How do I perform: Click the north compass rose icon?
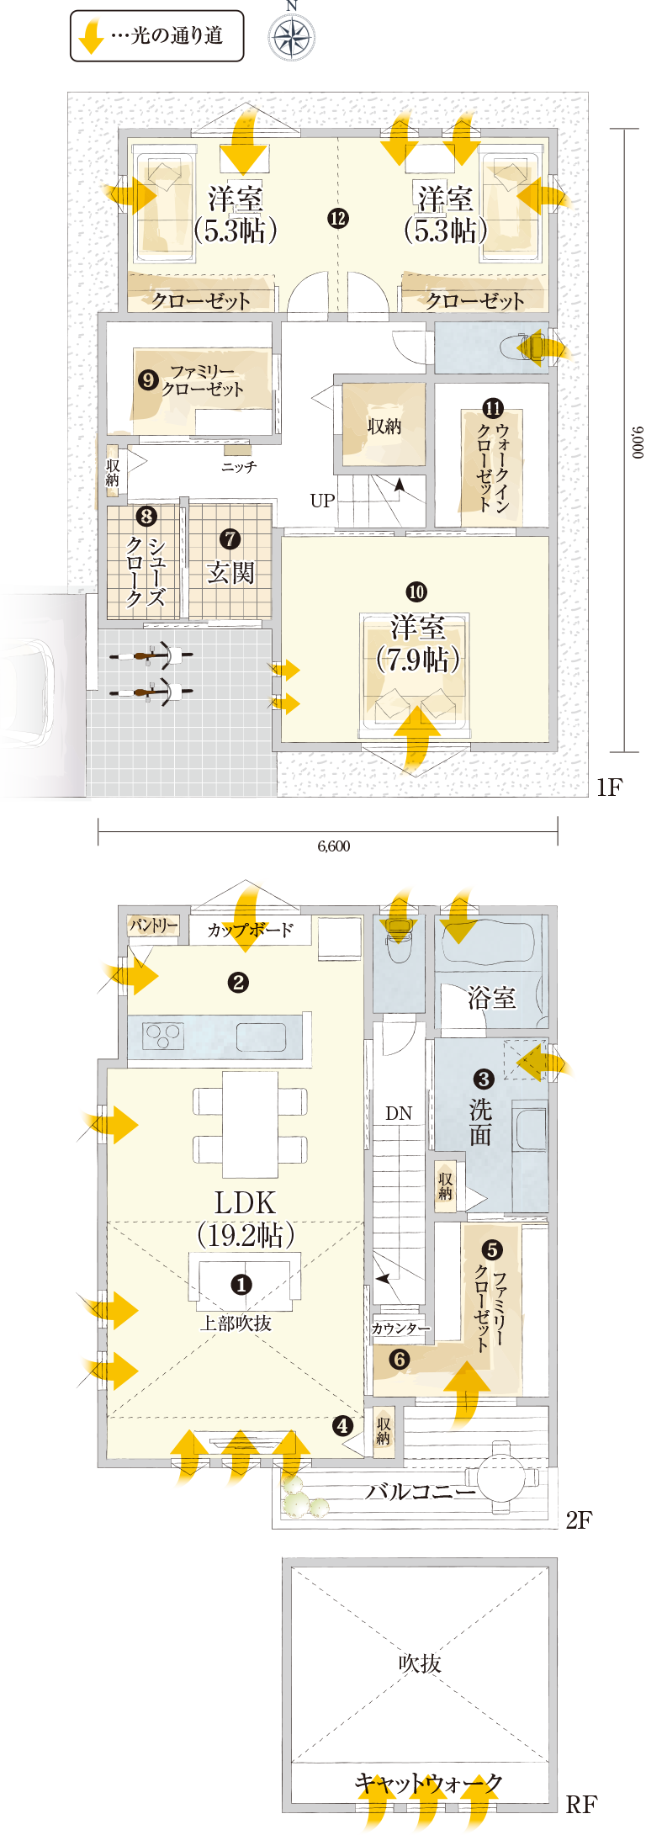coord(291,37)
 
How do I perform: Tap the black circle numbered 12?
coord(337,218)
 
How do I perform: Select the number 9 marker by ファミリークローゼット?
coord(148,380)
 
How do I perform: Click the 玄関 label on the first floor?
coord(230,573)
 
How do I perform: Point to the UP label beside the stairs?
coord(322,501)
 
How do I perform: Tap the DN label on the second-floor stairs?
coord(399,1113)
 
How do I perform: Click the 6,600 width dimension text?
coord(333,846)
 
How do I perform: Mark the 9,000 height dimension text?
coord(638,442)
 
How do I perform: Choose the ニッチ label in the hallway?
coord(239,466)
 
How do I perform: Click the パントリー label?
coord(154,925)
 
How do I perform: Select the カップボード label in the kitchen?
coord(251,930)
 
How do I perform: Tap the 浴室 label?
coord(492,998)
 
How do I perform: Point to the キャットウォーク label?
coord(428,1782)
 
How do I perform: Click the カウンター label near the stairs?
coord(400,1329)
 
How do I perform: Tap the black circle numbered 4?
coord(342,1425)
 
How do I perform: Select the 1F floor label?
coord(609,787)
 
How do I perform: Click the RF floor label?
coord(581,1804)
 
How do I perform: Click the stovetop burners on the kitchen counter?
coord(164,1034)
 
